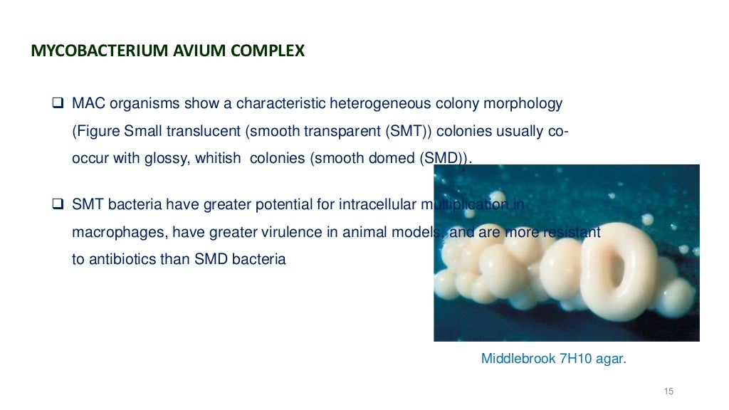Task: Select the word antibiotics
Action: point(122,259)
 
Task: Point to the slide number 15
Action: point(668,391)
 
